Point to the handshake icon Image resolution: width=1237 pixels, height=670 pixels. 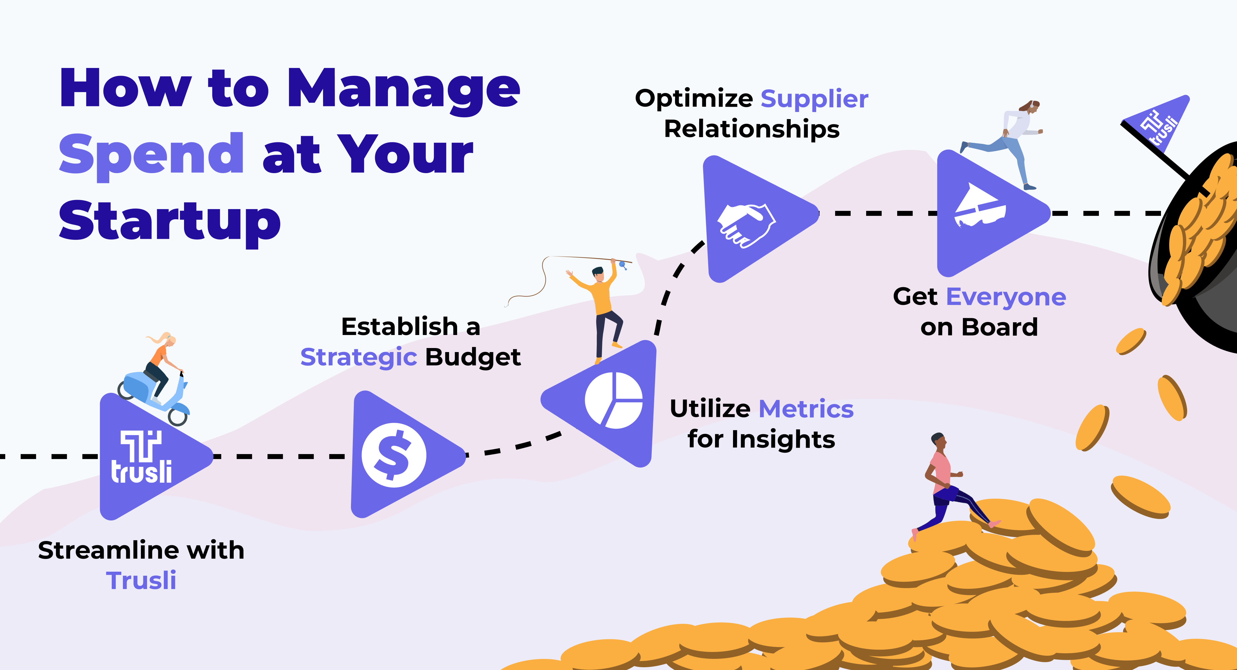(x=746, y=224)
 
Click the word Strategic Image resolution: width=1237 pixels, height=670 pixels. (x=358, y=357)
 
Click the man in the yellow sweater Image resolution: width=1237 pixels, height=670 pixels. (x=603, y=307)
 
